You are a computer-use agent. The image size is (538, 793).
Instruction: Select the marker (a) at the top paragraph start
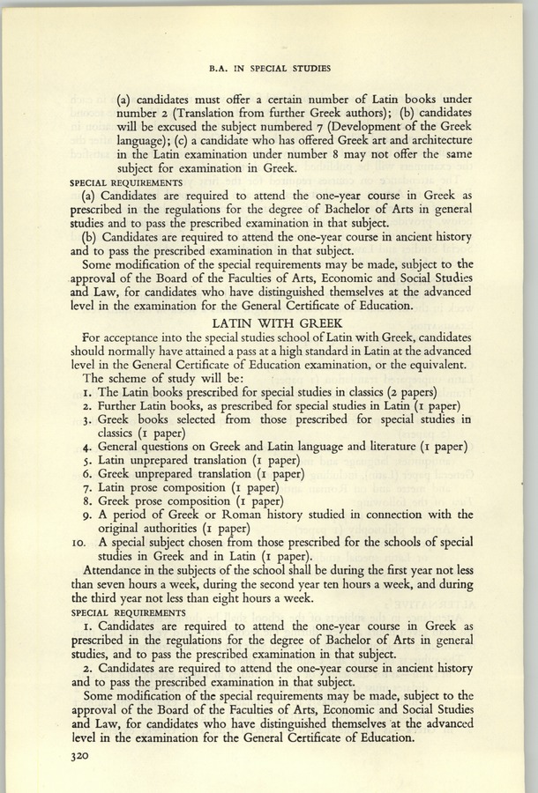[125, 100]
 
